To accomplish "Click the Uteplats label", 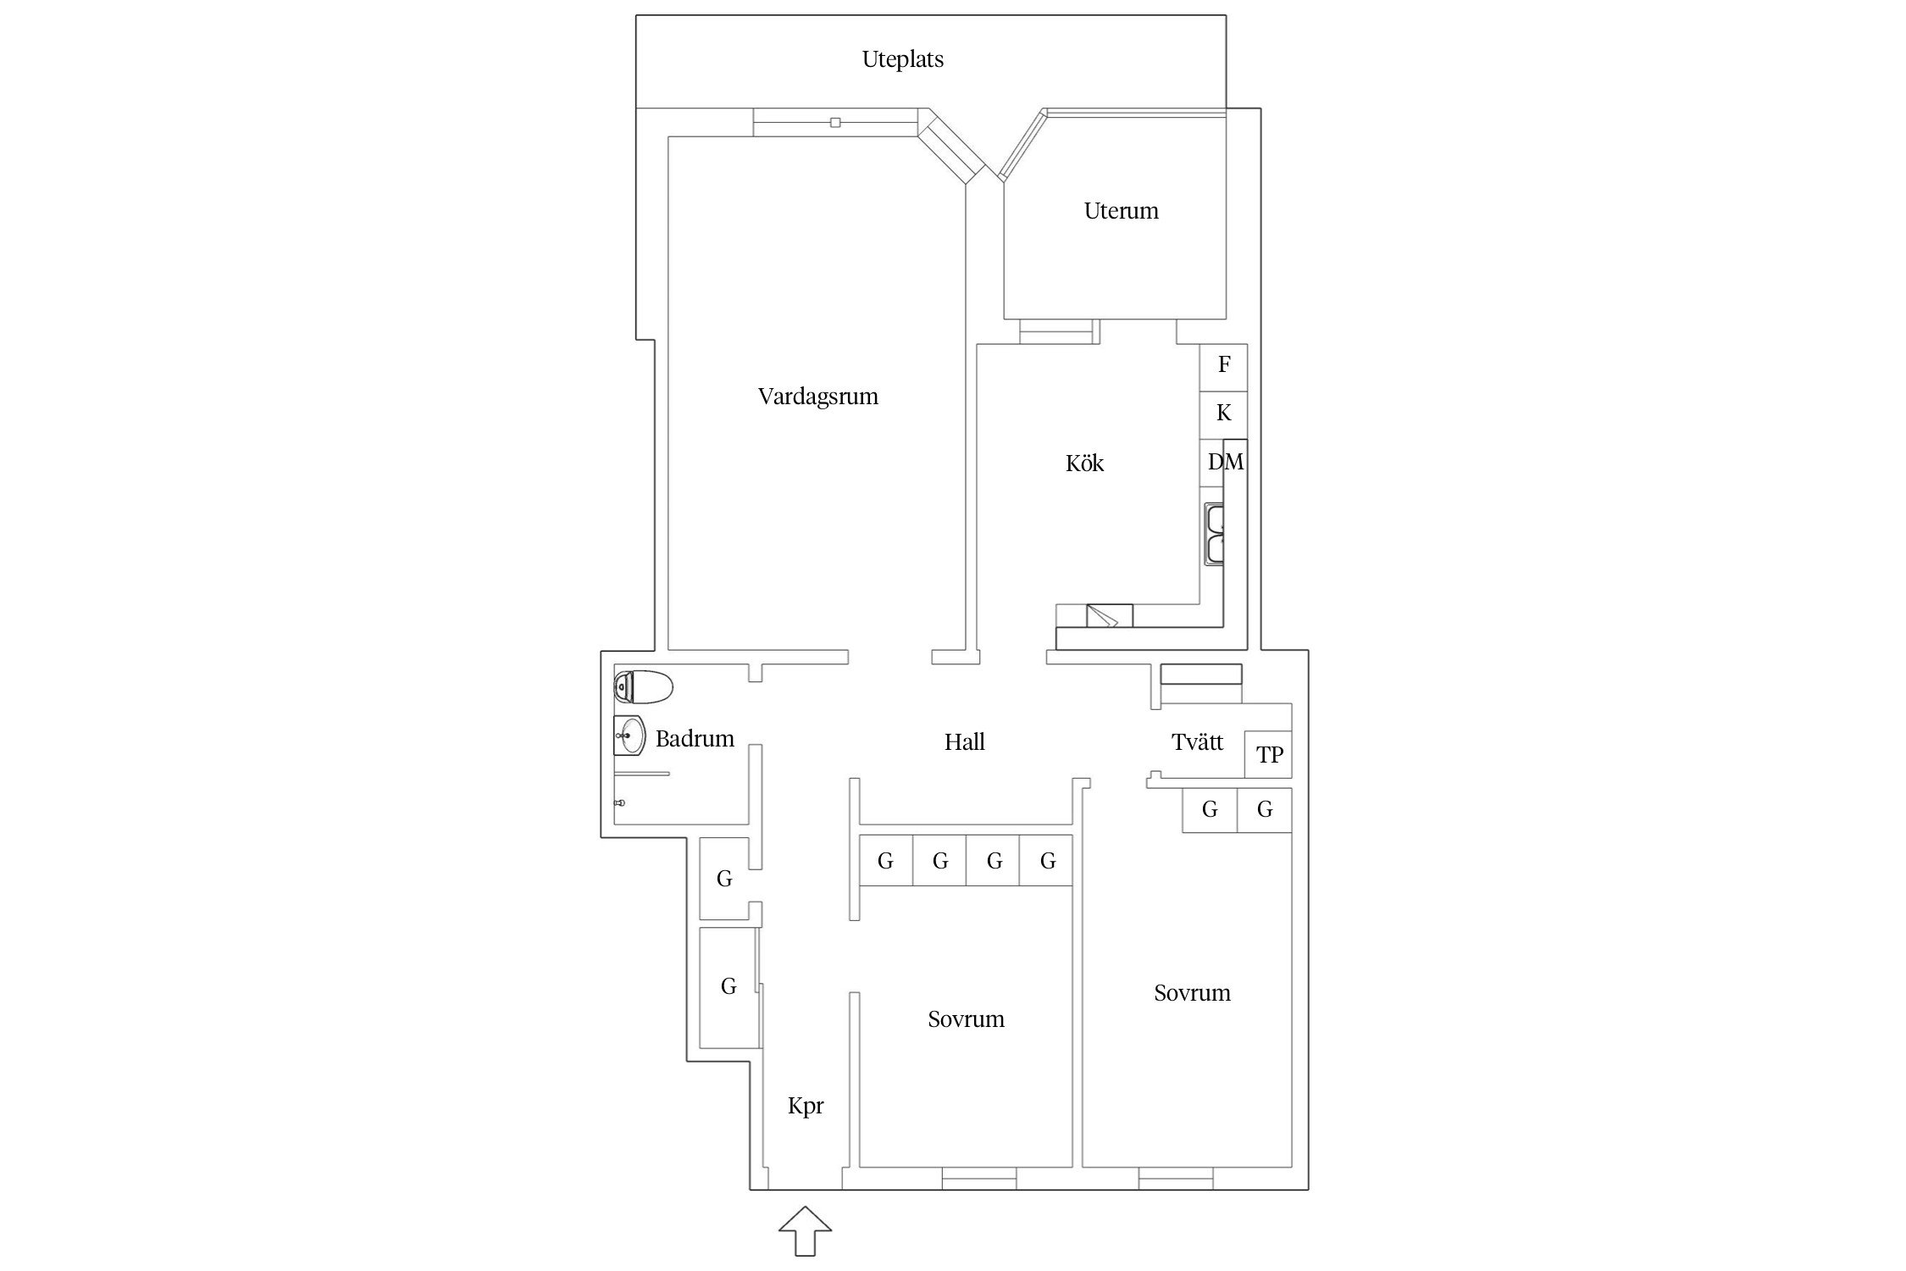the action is (x=902, y=59).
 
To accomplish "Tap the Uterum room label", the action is (x=1121, y=211).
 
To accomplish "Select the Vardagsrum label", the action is (x=817, y=397).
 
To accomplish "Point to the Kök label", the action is (x=1084, y=463).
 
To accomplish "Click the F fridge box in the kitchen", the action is (x=1223, y=367).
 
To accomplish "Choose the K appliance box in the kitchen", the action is (x=1223, y=415).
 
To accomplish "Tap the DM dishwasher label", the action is (x=1226, y=462).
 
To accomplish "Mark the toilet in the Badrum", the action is (x=643, y=686).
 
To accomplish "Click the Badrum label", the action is (x=695, y=739).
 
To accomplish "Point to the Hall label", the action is (x=964, y=742).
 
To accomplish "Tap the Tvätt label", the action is (x=1197, y=742).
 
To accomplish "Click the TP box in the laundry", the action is (x=1268, y=754).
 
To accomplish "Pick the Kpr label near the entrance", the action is (x=805, y=1107).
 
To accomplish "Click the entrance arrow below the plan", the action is (x=805, y=1231).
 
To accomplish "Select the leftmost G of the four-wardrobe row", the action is (x=886, y=861).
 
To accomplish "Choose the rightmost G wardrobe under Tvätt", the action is (x=1265, y=810).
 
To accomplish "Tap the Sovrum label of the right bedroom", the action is (x=1192, y=993).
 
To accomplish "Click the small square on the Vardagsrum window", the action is (x=835, y=123).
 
